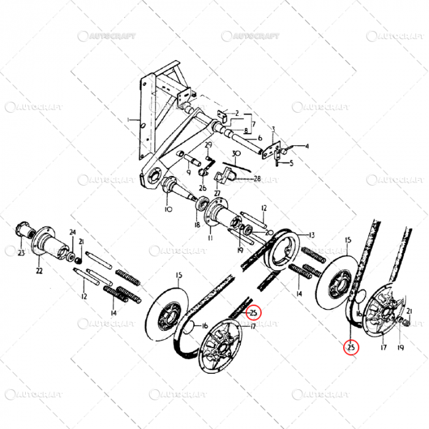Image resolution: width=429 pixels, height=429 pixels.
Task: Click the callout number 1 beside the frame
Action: click(x=129, y=119)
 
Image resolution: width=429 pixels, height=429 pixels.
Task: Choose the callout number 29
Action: click(x=208, y=145)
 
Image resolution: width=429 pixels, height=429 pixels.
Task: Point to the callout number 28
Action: click(x=257, y=178)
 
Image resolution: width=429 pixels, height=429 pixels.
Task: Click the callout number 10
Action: click(x=169, y=209)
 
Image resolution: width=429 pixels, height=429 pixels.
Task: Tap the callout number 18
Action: click(x=197, y=225)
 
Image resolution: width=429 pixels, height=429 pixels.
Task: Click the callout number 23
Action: click(x=20, y=252)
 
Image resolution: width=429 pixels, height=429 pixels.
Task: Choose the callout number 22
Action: click(x=39, y=271)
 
